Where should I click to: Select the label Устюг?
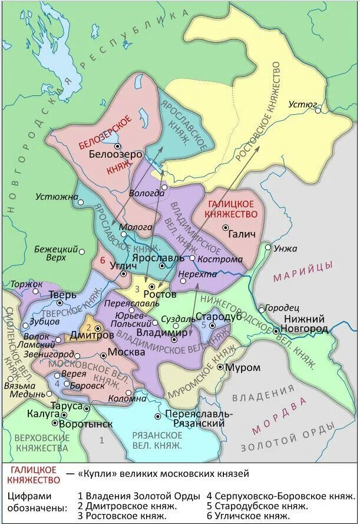click(x=299, y=104)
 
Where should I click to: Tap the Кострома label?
click(x=220, y=259)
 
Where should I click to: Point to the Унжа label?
click(x=285, y=248)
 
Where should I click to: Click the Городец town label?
click(x=282, y=308)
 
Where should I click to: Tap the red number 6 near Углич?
click(x=103, y=260)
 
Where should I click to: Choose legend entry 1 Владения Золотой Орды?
click(x=139, y=495)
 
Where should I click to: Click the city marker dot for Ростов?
click(x=152, y=286)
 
